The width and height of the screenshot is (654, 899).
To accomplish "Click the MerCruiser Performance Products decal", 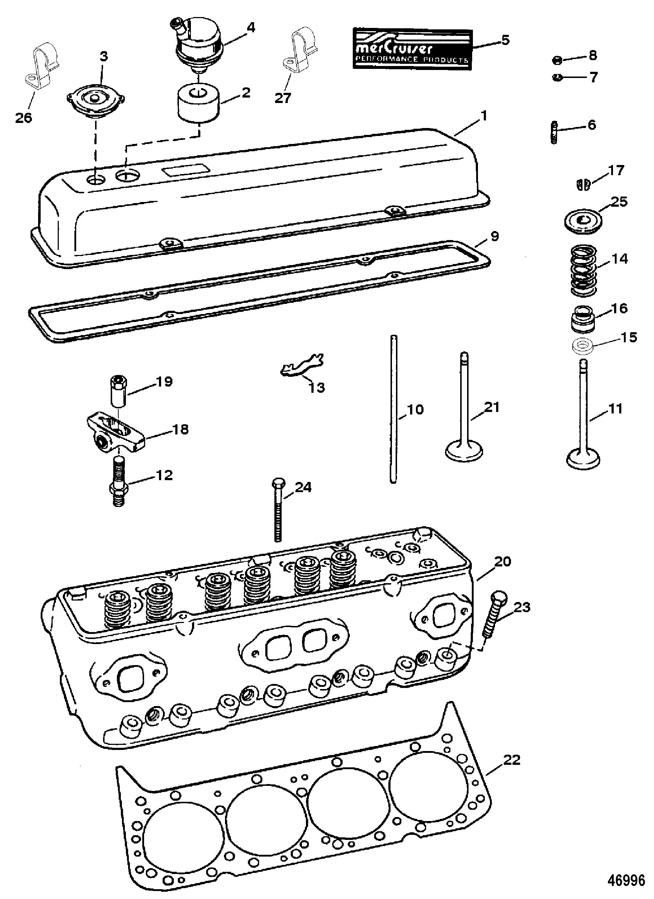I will point(412,49).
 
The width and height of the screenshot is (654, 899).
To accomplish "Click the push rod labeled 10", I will point(393,408).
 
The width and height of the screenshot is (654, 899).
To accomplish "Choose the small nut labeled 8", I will point(557,60).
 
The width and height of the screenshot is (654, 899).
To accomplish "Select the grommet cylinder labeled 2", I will point(198,102).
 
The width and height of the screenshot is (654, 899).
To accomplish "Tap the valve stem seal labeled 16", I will point(583,319).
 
